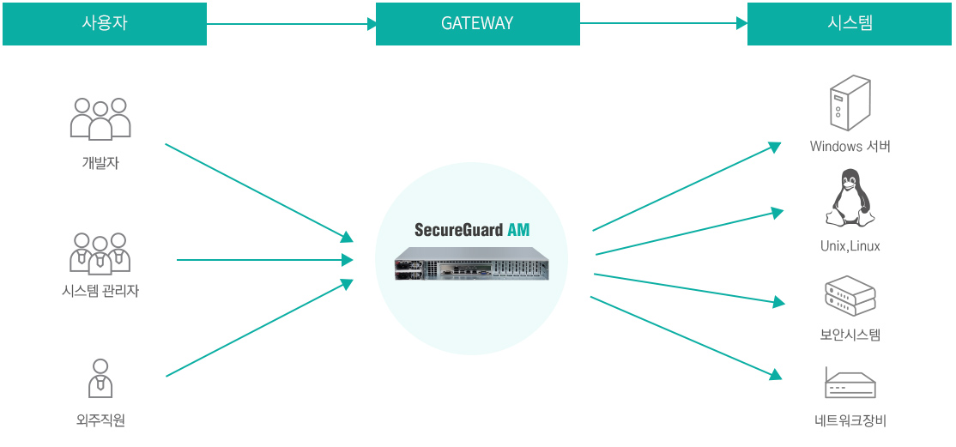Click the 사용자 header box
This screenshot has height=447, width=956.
(x=105, y=23)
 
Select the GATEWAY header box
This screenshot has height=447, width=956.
(x=477, y=23)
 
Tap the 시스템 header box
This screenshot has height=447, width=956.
(x=850, y=23)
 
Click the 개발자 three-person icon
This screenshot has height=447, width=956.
(x=100, y=118)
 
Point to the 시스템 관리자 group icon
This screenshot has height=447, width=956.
(x=100, y=252)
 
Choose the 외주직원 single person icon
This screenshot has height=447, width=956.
(x=100, y=378)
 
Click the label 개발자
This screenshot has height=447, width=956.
(x=100, y=163)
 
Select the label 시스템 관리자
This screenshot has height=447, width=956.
(x=100, y=292)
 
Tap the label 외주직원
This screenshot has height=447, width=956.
(x=100, y=420)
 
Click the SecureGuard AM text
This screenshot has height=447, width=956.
(x=472, y=230)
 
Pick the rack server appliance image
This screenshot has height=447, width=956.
(x=471, y=263)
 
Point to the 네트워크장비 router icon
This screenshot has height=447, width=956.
(x=850, y=383)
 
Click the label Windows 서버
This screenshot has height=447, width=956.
(x=850, y=147)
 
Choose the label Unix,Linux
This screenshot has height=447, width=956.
(x=850, y=246)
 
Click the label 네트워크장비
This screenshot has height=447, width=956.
(x=850, y=420)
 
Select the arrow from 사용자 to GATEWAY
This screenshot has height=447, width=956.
(x=291, y=24)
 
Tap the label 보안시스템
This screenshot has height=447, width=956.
(x=850, y=335)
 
